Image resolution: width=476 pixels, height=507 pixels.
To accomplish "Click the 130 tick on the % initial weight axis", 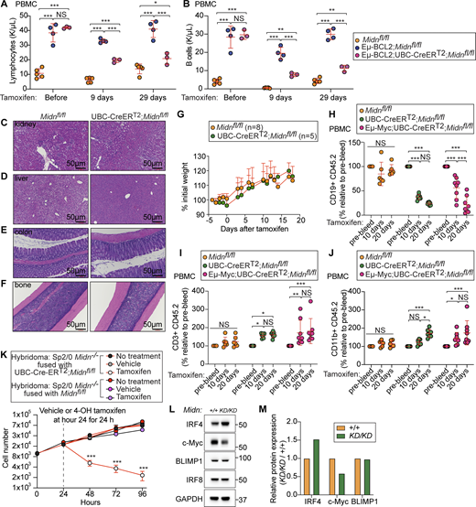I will click(x=190, y=138).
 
